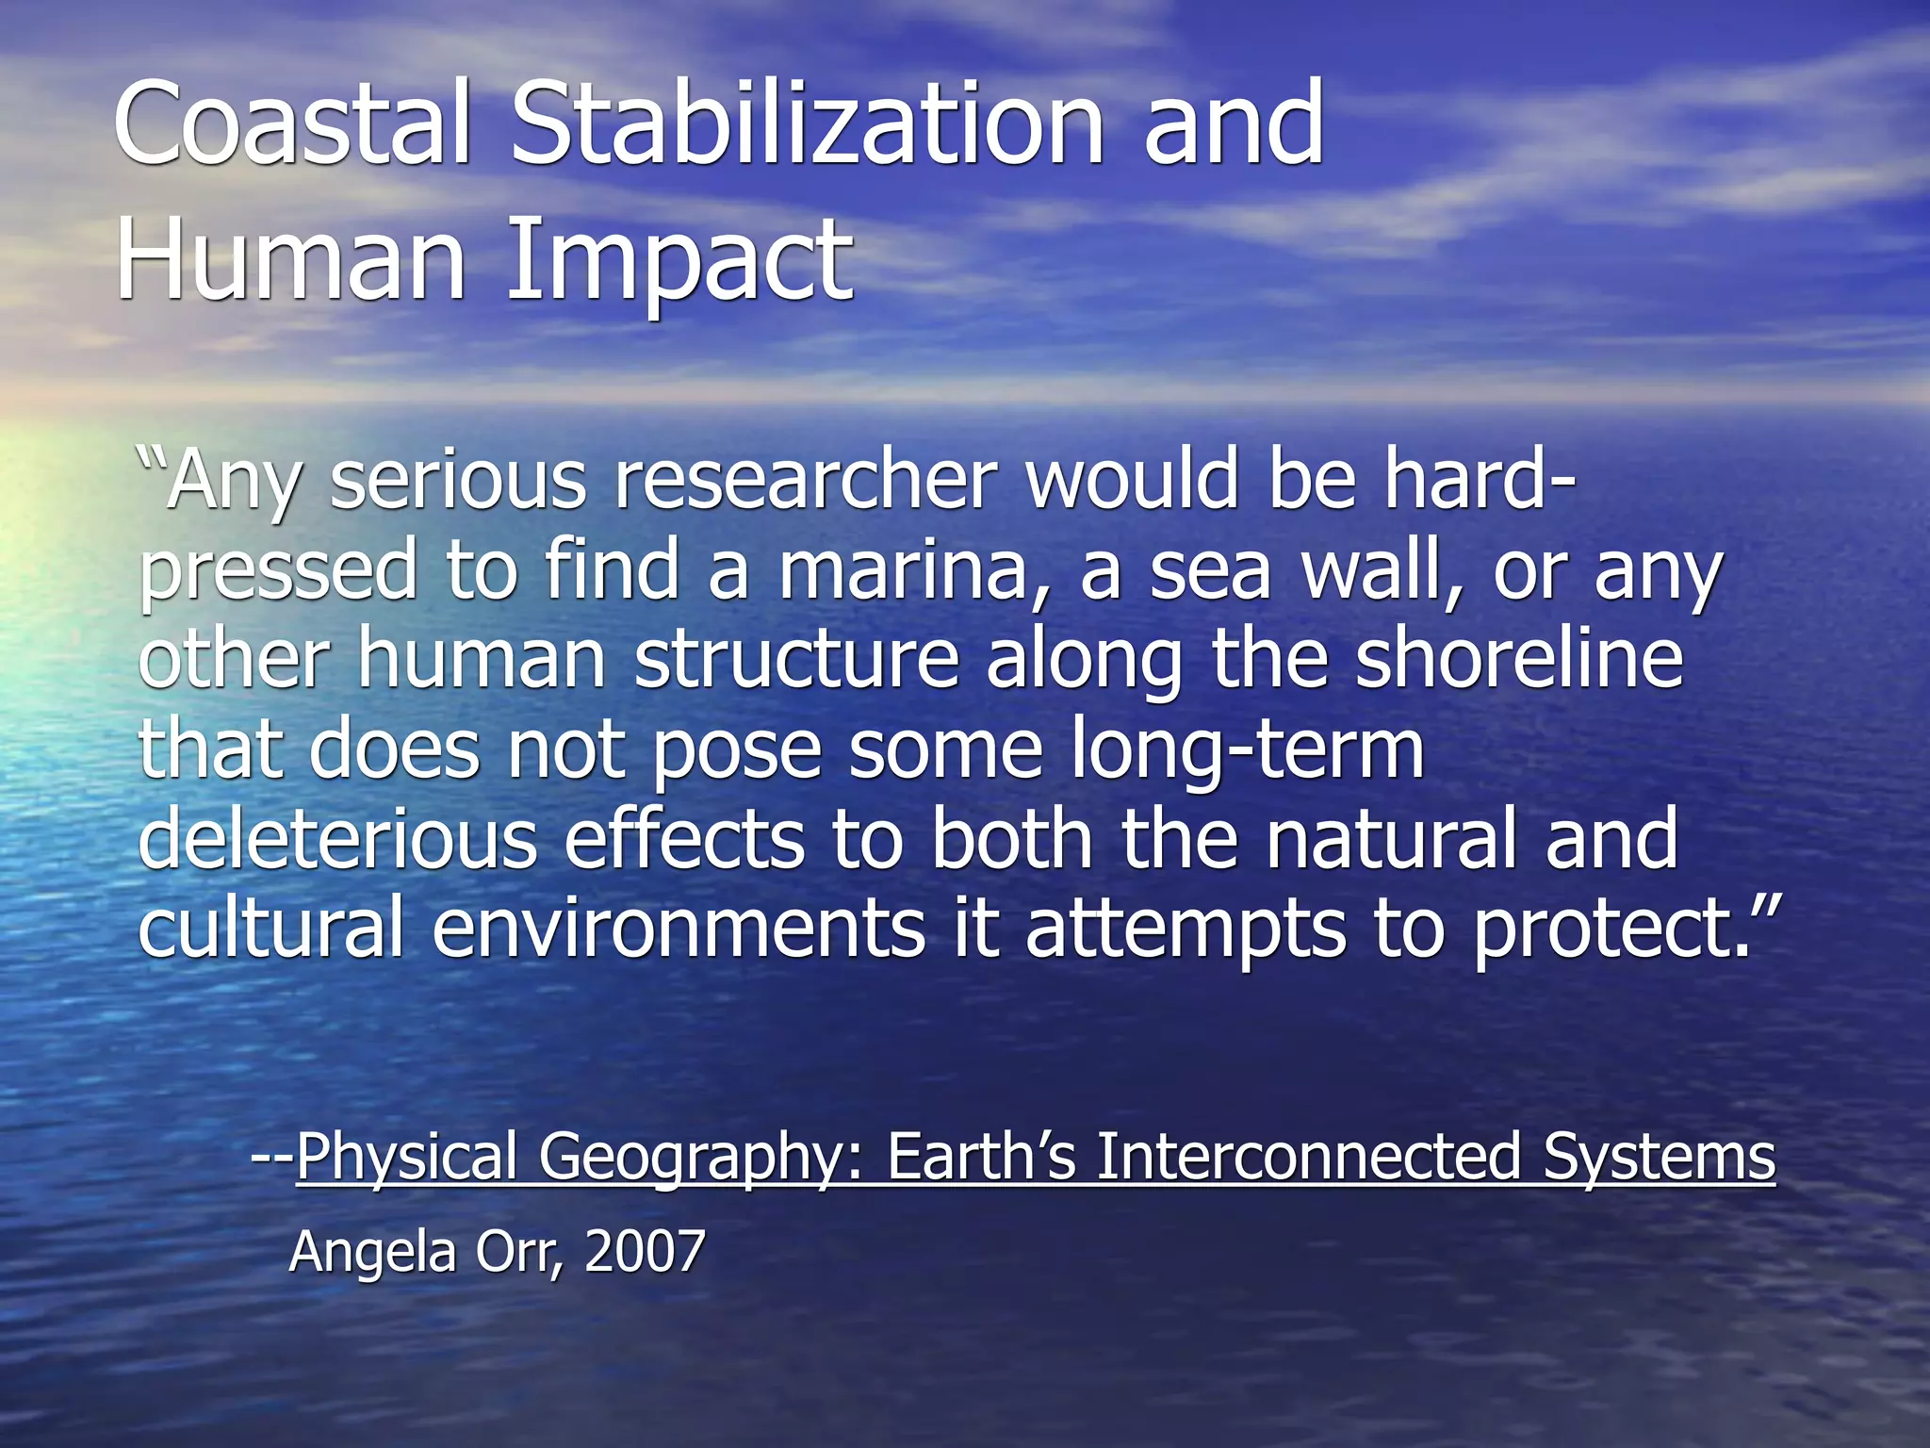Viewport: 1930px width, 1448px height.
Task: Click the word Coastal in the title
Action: (x=292, y=123)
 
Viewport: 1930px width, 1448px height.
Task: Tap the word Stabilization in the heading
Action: (x=806, y=123)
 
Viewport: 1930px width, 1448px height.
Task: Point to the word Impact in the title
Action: (x=679, y=259)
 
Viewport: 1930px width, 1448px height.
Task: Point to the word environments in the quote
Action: (x=679, y=929)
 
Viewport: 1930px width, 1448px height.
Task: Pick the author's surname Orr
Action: (x=519, y=1251)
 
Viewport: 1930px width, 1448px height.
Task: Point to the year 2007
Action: (x=645, y=1251)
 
